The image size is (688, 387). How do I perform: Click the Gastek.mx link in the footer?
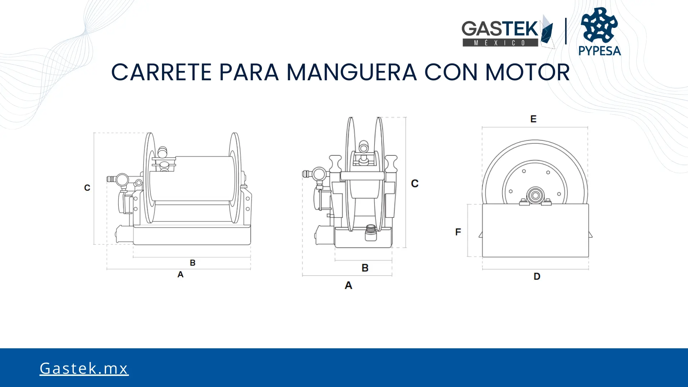[x=84, y=368]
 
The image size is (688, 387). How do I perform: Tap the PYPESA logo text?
[x=599, y=51]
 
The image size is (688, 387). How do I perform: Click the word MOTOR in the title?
[x=527, y=72]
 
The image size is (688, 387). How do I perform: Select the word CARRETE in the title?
[x=161, y=72]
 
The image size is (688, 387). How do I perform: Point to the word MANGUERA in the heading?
[x=352, y=72]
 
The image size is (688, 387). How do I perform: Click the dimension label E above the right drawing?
[x=533, y=119]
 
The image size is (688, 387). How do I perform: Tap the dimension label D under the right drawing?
[x=537, y=276]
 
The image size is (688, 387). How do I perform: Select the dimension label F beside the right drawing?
[x=458, y=232]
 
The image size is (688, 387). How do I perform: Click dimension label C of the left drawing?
[x=87, y=188]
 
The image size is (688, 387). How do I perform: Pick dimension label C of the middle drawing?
[x=415, y=183]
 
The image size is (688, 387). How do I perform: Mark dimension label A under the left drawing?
[x=180, y=274]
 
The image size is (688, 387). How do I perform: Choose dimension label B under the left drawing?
[x=192, y=263]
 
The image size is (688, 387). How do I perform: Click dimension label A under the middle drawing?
[x=348, y=285]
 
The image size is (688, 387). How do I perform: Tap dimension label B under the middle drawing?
[x=365, y=268]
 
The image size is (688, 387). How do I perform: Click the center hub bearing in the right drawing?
[x=535, y=195]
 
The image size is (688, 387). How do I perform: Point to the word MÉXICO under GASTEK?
[x=500, y=43]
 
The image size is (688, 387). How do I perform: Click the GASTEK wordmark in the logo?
[x=500, y=29]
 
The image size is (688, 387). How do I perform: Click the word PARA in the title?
[x=249, y=72]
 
